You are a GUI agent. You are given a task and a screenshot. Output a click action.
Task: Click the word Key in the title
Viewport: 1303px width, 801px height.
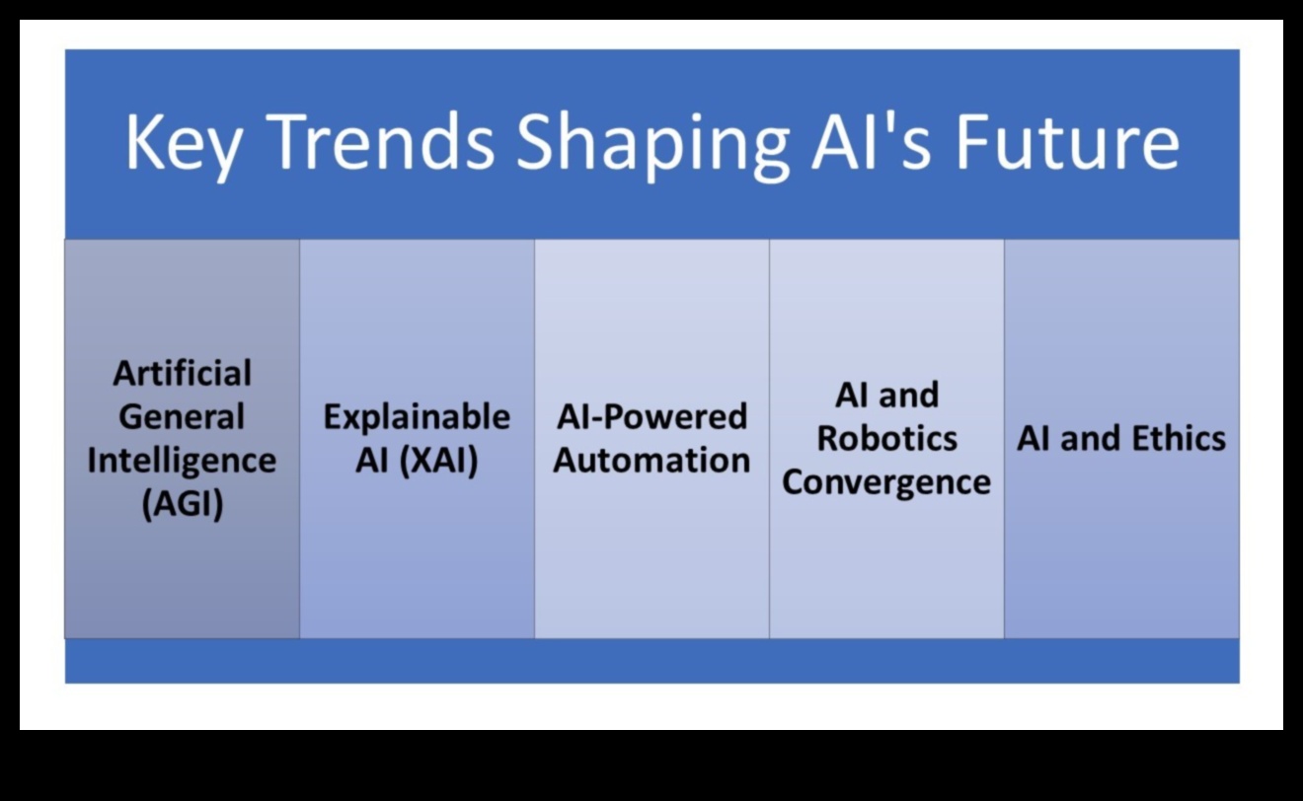click(184, 145)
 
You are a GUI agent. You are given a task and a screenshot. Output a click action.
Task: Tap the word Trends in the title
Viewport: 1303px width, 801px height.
click(383, 141)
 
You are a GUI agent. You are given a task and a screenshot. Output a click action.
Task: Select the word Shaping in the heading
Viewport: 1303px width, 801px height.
click(652, 145)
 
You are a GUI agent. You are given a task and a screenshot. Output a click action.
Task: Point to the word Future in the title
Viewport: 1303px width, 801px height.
click(1067, 141)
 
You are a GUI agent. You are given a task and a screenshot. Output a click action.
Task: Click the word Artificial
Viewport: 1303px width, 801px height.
click(182, 373)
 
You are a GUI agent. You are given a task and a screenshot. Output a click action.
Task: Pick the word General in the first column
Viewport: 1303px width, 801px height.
click(182, 416)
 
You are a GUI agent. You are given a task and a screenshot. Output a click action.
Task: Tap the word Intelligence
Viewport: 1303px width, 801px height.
click(182, 461)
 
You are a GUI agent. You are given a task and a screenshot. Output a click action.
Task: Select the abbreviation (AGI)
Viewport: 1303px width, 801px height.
click(182, 504)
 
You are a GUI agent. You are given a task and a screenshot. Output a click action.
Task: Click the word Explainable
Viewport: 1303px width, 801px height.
click(417, 416)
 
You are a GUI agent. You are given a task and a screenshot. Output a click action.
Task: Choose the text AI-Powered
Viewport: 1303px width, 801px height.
click(651, 416)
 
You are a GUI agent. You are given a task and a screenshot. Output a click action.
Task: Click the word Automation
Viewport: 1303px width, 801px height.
click(651, 461)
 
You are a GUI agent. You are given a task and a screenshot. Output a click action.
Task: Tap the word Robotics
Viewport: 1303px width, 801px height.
click(886, 438)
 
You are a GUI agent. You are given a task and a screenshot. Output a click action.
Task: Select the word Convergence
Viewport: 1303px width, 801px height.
click(885, 483)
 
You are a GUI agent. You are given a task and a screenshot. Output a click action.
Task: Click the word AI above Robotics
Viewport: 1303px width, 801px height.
click(851, 396)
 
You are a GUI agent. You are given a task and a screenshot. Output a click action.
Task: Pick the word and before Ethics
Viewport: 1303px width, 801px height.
click(1092, 438)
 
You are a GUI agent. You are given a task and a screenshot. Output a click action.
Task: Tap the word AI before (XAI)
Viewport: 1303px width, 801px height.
click(372, 461)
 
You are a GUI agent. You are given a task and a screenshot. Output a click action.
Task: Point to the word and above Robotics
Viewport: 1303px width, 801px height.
click(908, 396)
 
